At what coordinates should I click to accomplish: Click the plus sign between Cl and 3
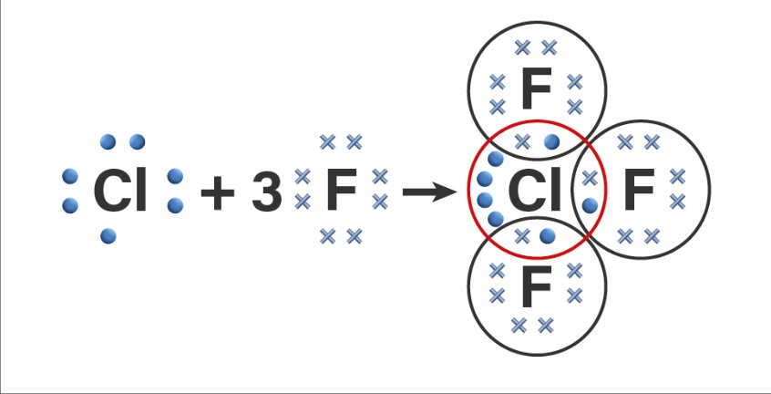pyautogui.click(x=218, y=192)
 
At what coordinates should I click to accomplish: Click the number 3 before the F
pyautogui.click(x=266, y=192)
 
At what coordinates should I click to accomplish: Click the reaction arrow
pyautogui.click(x=429, y=192)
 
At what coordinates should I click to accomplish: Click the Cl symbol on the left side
pyautogui.click(x=120, y=192)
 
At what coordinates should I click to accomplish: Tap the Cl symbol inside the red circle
pyautogui.click(x=534, y=192)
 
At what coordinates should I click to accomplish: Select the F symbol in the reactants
pyautogui.click(x=341, y=191)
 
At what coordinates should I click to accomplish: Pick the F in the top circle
pyautogui.click(x=535, y=89)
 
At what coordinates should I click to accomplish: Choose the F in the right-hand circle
pyautogui.click(x=639, y=191)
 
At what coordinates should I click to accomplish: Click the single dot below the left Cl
pyautogui.click(x=108, y=237)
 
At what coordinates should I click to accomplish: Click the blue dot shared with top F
pyautogui.click(x=551, y=141)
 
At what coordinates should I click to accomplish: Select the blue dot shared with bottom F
pyautogui.click(x=547, y=237)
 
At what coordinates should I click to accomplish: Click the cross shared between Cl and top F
pyautogui.click(x=523, y=141)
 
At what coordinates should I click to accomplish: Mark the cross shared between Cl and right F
pyautogui.click(x=590, y=177)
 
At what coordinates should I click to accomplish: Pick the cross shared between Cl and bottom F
pyautogui.click(x=522, y=237)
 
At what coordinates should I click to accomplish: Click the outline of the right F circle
pyautogui.click(x=708, y=189)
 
